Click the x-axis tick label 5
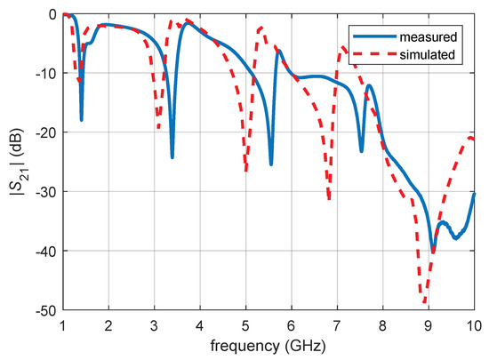(245, 326)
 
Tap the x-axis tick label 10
(474, 326)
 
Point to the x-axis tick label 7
(337, 326)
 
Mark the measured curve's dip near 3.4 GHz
(172, 157)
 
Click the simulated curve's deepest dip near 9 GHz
(425, 303)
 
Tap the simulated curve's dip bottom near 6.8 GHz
(329, 199)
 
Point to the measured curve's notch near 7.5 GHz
(361, 151)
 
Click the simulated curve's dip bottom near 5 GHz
(245, 169)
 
